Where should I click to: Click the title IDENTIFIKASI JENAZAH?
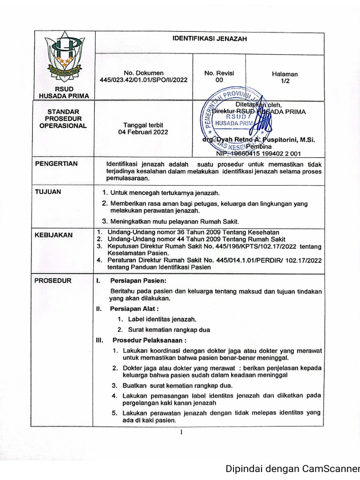(210, 39)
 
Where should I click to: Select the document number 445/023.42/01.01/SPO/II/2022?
(143, 80)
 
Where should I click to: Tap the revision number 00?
(219, 80)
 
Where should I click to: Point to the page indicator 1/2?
(285, 81)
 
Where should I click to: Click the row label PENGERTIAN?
(57, 164)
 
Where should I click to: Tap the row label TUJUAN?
(48, 192)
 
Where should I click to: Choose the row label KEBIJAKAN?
(54, 235)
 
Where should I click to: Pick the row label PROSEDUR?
(53, 281)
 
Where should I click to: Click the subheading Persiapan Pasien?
(138, 281)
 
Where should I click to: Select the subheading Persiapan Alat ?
(134, 309)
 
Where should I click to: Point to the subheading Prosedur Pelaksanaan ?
(149, 340)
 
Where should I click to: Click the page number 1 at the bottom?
(181, 432)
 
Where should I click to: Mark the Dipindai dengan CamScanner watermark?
(292, 468)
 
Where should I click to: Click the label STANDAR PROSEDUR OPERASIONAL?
(64, 119)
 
